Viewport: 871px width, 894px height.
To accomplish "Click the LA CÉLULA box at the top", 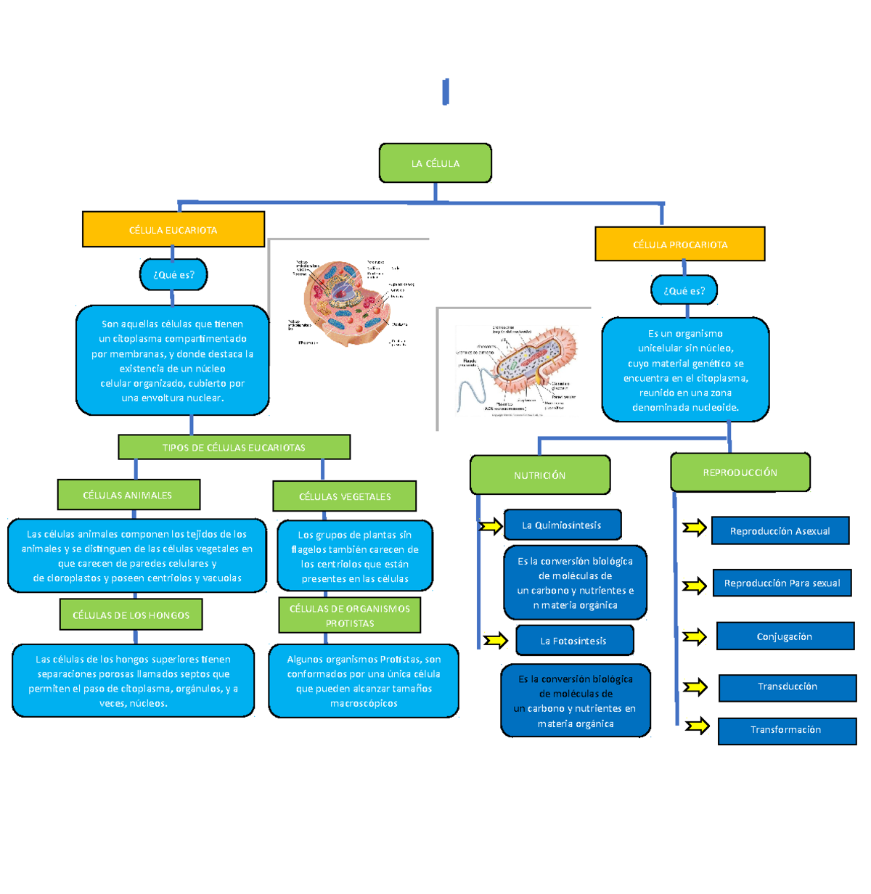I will coord(435,163).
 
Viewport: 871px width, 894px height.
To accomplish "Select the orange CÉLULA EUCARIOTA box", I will coord(173,230).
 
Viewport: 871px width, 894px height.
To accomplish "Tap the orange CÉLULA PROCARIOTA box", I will coord(680,245).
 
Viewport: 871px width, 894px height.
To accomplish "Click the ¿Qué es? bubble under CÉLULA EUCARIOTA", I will coord(173,275).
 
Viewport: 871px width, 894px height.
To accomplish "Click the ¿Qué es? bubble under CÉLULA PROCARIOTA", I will coord(684,291).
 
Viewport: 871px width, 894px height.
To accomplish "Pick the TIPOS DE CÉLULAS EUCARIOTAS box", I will coord(234,448).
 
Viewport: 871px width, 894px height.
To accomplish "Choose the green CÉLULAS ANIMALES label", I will coord(128,495).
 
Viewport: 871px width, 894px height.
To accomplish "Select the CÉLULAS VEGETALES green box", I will coord(345,496).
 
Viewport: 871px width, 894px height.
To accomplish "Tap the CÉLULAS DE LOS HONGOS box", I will coord(131,615).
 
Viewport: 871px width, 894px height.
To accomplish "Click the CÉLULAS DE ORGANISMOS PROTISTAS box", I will coord(350,615).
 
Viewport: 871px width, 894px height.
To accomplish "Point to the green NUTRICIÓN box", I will coord(540,475).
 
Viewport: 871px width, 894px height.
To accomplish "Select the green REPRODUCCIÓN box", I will coord(740,472).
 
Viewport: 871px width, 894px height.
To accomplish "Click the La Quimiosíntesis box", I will coord(562,525).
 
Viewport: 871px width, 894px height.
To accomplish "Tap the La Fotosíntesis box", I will coord(574,641).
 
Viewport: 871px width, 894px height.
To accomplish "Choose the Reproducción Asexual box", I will coord(780,531).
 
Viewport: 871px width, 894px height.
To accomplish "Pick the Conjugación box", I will coord(785,636).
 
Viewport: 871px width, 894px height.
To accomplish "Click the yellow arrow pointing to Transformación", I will coord(697,726).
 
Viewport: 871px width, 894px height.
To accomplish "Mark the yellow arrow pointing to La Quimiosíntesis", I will coord(491,526).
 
